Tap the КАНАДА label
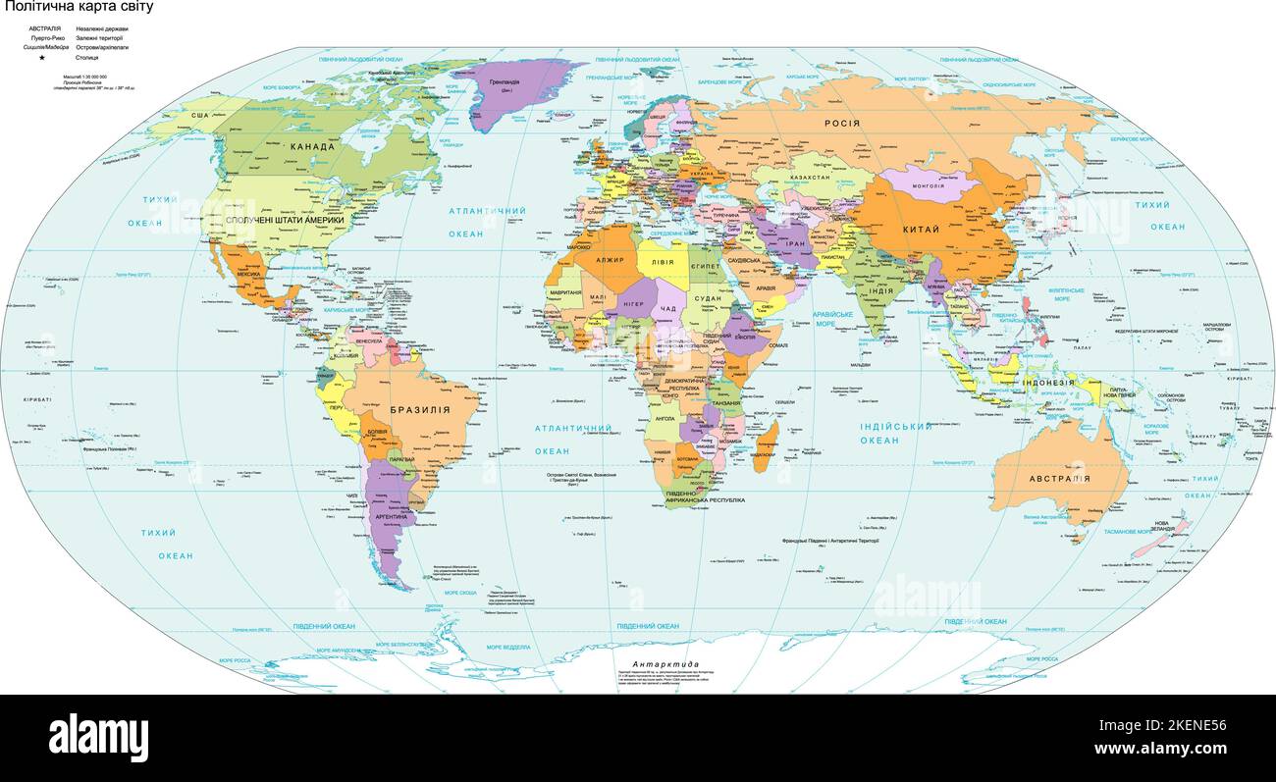click(312, 147)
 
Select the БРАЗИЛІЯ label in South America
click(419, 410)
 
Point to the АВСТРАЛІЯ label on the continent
click(1059, 479)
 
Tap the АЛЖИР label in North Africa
click(610, 260)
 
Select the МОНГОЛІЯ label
click(928, 185)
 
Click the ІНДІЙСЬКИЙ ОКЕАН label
click(895, 433)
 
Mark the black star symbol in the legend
click(42, 58)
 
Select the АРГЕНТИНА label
click(391, 516)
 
